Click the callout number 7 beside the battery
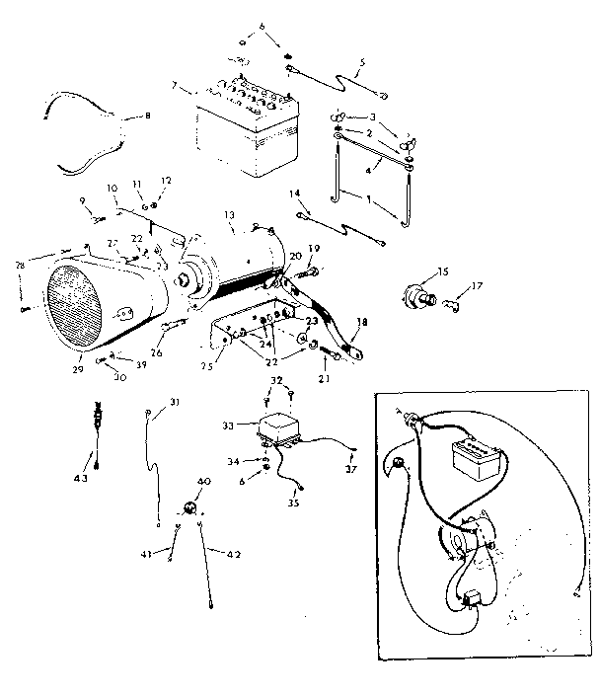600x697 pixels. coord(175,87)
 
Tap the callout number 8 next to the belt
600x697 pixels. coord(148,116)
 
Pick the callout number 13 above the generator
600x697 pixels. coord(229,213)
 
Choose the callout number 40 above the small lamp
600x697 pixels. coord(205,481)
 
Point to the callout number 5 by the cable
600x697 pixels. coord(362,62)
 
